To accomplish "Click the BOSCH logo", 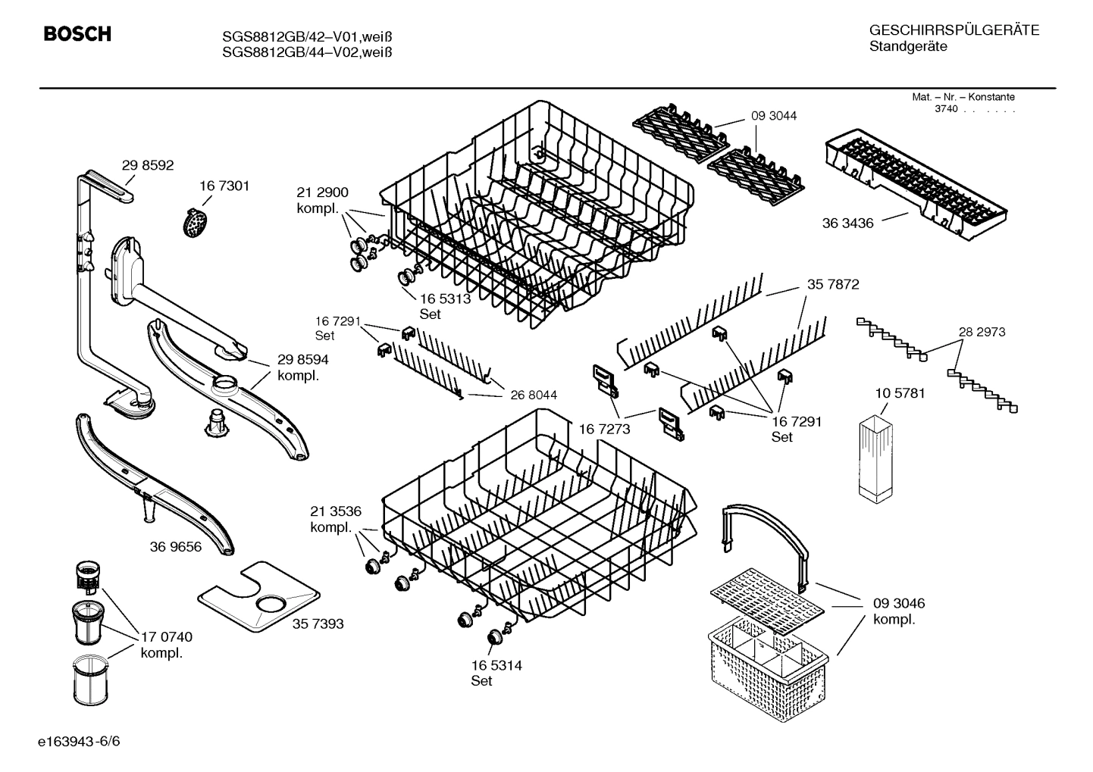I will pyautogui.click(x=77, y=34).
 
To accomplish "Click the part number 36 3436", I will pyautogui.click(x=847, y=223).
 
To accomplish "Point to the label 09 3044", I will pyautogui.click(x=774, y=116).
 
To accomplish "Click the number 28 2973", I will pyautogui.click(x=982, y=332).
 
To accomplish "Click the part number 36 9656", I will pyautogui.click(x=176, y=546).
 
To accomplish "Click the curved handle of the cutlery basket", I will pyautogui.click(x=766, y=530).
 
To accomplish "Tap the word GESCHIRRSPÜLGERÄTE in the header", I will pyautogui.click(x=954, y=31).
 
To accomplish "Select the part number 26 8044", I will pyautogui.click(x=534, y=395).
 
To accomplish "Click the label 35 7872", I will pyautogui.click(x=833, y=284).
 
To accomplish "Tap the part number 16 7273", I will pyautogui.click(x=604, y=429).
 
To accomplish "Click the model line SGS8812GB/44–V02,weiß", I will pyautogui.click(x=307, y=52).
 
